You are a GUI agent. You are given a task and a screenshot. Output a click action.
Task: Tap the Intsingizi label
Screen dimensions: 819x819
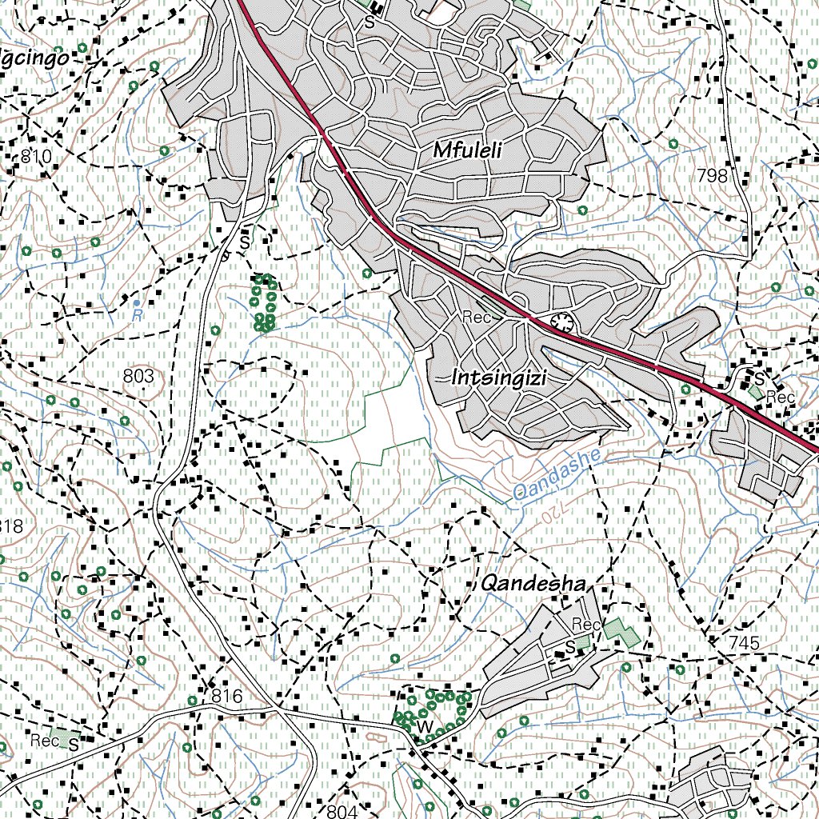498,378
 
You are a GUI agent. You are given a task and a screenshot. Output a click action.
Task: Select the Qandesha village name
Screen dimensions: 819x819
533,583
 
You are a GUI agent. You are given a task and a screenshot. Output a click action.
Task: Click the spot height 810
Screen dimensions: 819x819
36,157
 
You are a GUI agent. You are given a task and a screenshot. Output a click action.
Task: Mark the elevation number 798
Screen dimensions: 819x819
712,175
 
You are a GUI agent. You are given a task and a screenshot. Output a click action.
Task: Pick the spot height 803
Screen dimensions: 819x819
138,374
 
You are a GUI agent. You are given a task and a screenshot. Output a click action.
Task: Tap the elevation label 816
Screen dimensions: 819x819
226,697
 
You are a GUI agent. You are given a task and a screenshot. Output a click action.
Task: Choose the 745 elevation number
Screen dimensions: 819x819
744,642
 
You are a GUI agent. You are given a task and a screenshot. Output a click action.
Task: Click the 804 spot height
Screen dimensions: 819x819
342,811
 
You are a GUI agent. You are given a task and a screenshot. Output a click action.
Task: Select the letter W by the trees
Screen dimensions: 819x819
426,725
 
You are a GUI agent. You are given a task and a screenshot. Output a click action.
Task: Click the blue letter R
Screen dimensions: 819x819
138,315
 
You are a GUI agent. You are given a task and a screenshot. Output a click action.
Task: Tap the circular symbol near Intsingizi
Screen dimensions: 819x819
563,323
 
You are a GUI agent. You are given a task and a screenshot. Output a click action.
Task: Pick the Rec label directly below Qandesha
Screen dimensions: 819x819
585,624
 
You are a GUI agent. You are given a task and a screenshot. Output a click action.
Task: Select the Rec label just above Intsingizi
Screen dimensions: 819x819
476,318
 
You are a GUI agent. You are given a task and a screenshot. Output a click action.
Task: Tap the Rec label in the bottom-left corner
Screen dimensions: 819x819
45,741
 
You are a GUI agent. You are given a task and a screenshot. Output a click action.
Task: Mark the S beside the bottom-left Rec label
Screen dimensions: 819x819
73,745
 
